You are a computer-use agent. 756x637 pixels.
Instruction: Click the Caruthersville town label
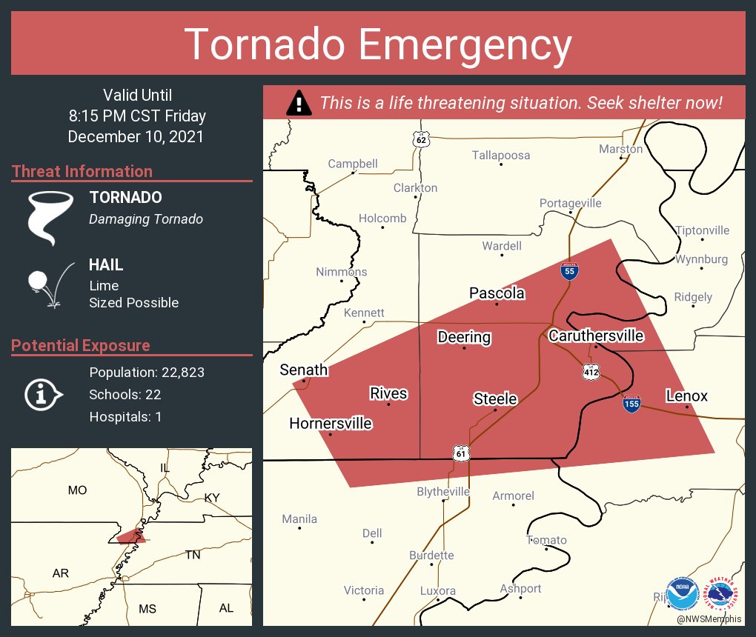pyautogui.click(x=596, y=336)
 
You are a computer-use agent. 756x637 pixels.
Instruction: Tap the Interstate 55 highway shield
pyautogui.click(x=568, y=272)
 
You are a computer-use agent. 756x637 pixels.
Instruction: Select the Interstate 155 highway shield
pyautogui.click(x=631, y=405)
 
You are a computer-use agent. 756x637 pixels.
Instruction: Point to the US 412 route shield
pyautogui.click(x=590, y=370)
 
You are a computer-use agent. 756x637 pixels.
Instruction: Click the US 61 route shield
pyautogui.click(x=460, y=453)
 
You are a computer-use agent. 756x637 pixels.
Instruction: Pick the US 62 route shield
pyautogui.click(x=421, y=139)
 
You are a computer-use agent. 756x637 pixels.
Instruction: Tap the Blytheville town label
pyautogui.click(x=443, y=492)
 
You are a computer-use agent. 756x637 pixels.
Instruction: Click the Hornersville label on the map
pyautogui.click(x=330, y=424)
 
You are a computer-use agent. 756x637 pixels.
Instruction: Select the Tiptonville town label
pyautogui.click(x=702, y=230)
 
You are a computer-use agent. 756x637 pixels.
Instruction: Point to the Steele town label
pyautogui.click(x=495, y=399)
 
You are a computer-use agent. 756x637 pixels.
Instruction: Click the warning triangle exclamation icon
pyautogui.click(x=299, y=103)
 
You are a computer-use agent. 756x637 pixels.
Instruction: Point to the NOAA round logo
pyautogui.click(x=682, y=593)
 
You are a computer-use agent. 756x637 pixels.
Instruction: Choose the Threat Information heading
pyautogui.click(x=82, y=172)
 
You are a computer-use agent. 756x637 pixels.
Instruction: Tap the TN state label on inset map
pyautogui.click(x=193, y=555)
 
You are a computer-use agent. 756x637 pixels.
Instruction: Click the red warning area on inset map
pyautogui.click(x=130, y=536)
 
